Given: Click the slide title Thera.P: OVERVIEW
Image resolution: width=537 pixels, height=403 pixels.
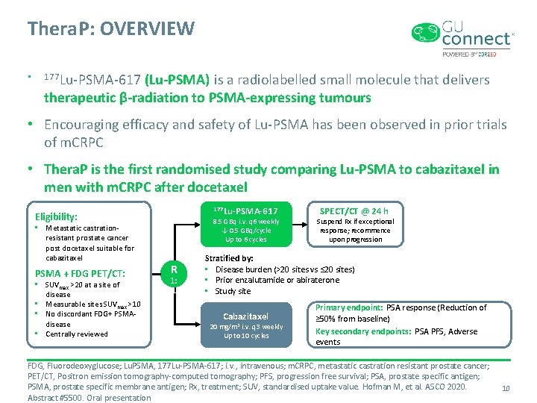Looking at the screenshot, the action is point(110,29).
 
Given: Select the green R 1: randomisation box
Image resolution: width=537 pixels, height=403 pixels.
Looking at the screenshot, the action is point(173,274).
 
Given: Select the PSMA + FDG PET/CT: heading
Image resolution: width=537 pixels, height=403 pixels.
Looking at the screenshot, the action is point(81,273).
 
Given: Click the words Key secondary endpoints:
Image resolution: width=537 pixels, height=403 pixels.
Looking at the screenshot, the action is point(363,331).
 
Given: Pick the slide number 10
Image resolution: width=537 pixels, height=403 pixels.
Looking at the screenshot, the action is point(505,388).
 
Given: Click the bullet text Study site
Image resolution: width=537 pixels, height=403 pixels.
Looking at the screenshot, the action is point(233,291).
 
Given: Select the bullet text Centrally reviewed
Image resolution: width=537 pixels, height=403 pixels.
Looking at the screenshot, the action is point(76,334).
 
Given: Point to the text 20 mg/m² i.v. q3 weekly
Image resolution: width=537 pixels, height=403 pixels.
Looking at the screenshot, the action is point(246,326).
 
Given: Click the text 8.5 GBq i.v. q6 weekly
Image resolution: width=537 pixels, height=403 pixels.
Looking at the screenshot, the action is point(246,222).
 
